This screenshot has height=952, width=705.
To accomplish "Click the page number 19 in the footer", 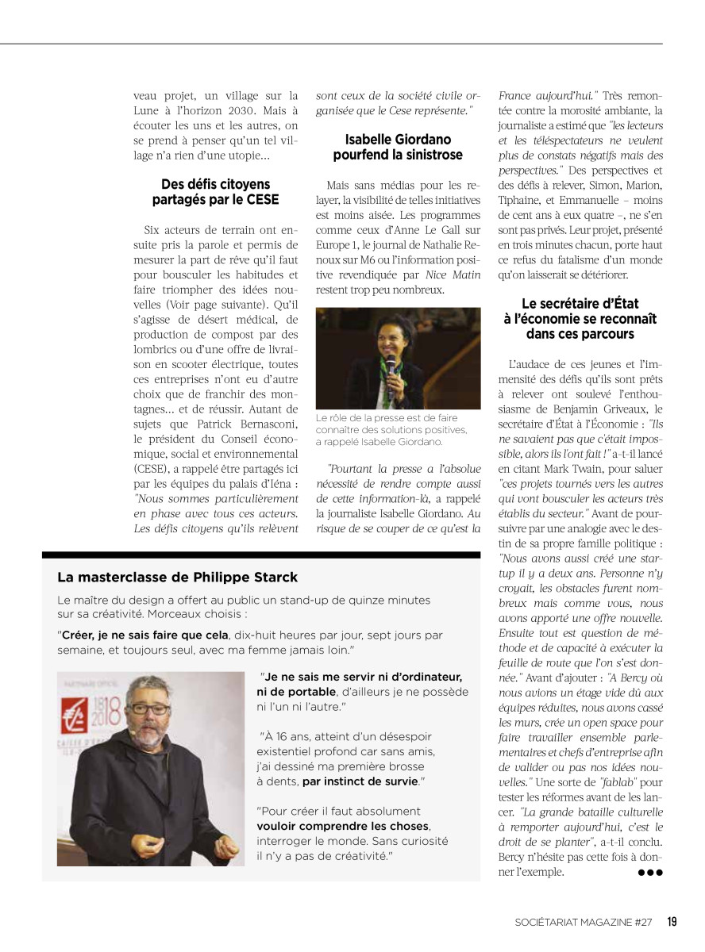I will (672, 922).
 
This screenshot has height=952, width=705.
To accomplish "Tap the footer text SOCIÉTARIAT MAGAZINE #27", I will (583, 922).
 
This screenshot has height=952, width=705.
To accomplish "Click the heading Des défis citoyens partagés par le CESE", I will (216, 192).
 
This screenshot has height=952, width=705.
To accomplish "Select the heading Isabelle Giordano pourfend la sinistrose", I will (398, 147).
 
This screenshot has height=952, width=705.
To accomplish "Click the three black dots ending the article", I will (649, 873).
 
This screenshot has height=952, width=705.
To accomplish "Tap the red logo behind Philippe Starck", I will (79, 705).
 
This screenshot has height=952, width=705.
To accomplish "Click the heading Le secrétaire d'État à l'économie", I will (580, 318).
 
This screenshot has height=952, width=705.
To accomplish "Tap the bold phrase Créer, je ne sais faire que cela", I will (144, 635).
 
